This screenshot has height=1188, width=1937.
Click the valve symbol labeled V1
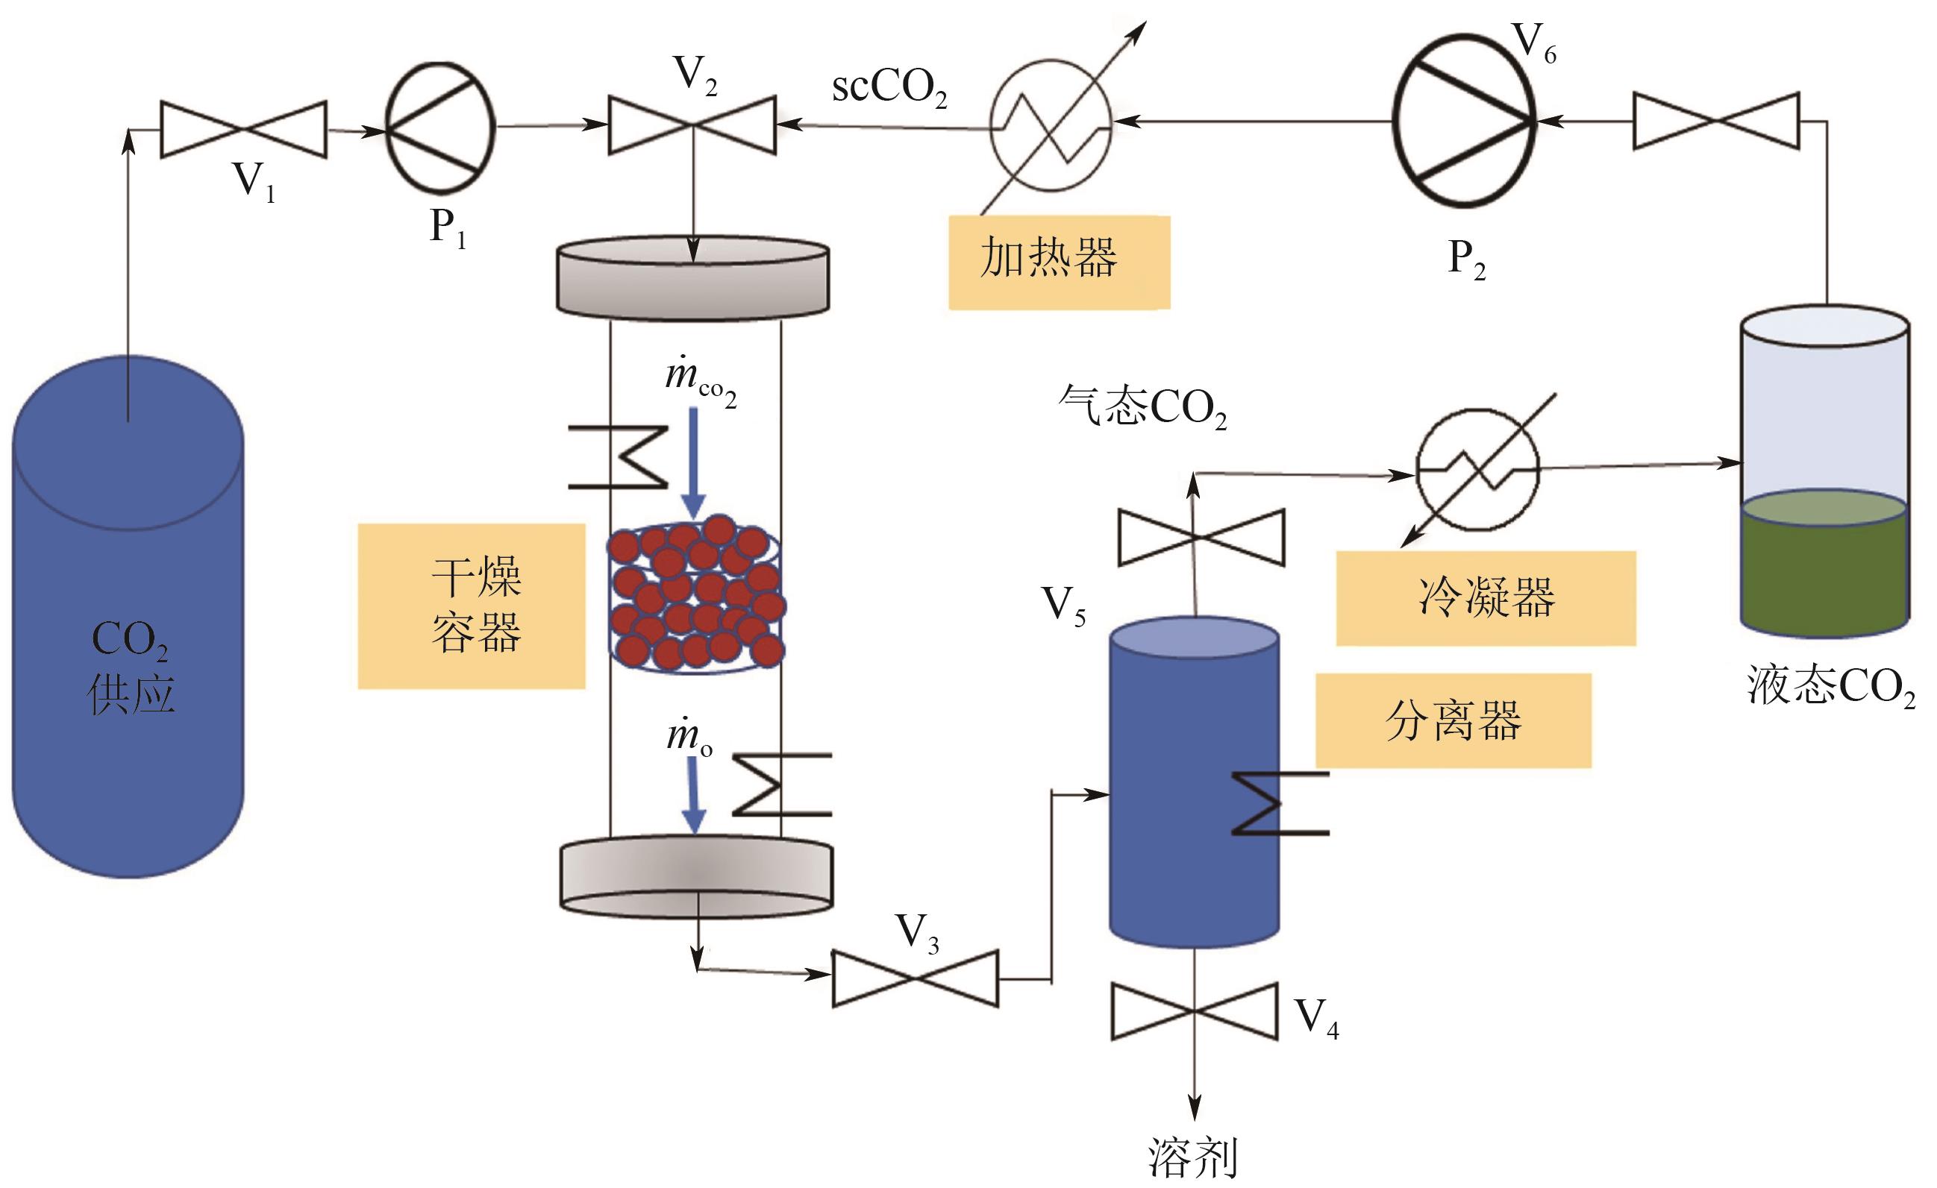pyautogui.click(x=244, y=130)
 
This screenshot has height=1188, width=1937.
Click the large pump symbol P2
pyautogui.click(x=1464, y=122)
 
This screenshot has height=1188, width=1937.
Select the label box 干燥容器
pyautogui.click(x=472, y=606)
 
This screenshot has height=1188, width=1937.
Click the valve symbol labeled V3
pyautogui.click(x=915, y=978)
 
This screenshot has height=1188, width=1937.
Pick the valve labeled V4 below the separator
pyautogui.click(x=1194, y=1011)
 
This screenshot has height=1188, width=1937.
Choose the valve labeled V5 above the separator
pyautogui.click(x=1201, y=538)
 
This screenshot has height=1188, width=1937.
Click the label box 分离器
pyautogui.click(x=1453, y=720)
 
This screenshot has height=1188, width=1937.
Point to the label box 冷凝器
pyautogui.click(x=1486, y=598)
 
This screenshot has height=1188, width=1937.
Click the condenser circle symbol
pyautogui.click(x=1477, y=470)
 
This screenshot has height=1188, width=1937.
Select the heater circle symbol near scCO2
pyautogui.click(x=1051, y=125)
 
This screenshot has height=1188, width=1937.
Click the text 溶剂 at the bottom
pyautogui.click(x=1193, y=1157)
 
